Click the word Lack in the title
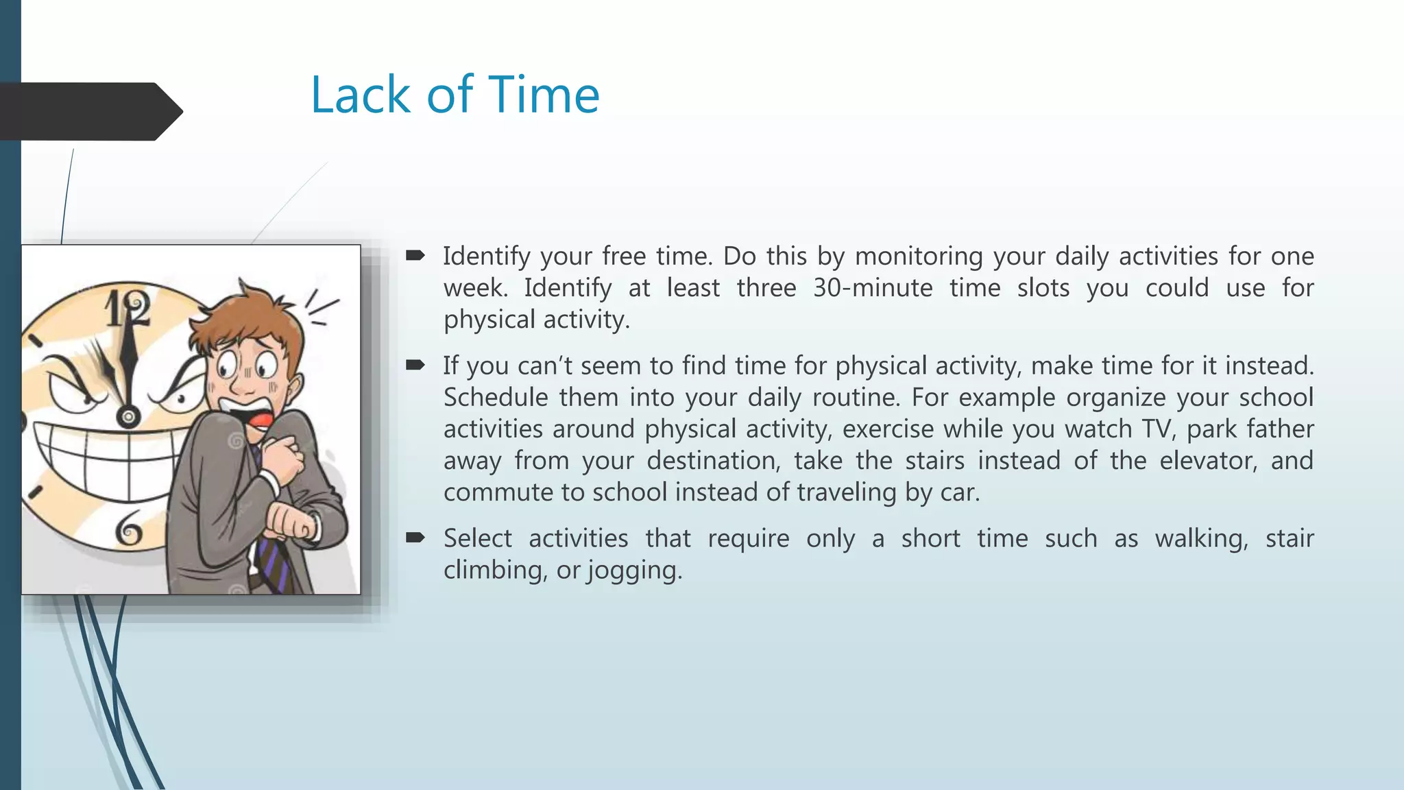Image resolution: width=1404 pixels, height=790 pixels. [360, 95]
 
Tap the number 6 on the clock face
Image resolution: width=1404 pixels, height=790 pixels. [128, 529]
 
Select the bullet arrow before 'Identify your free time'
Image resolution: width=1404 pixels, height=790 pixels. [415, 256]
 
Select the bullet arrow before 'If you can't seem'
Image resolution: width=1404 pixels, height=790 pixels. [415, 366]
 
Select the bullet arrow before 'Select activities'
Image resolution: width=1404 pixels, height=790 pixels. [415, 538]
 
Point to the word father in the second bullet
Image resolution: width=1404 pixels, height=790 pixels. [1280, 429]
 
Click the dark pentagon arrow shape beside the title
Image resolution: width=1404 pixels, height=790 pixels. [89, 111]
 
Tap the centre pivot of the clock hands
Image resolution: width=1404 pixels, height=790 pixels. [128, 416]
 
